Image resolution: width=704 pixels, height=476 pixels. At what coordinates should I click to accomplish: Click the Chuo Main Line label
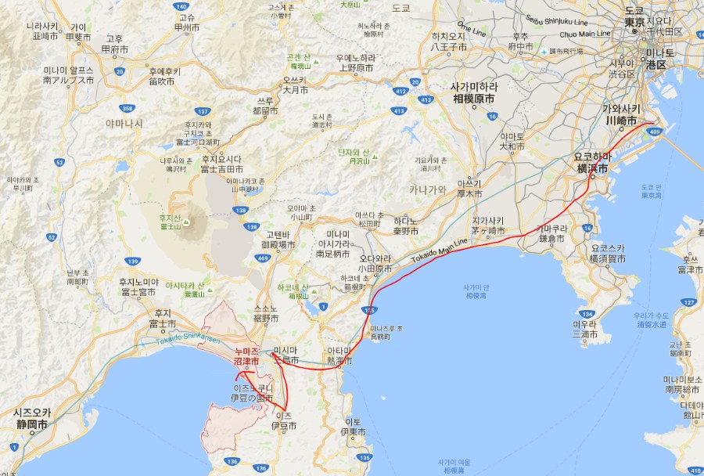point(584,34)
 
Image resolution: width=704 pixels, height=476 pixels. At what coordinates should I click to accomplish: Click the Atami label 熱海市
point(339,361)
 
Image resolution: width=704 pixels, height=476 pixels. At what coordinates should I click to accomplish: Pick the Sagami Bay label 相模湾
point(476,296)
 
